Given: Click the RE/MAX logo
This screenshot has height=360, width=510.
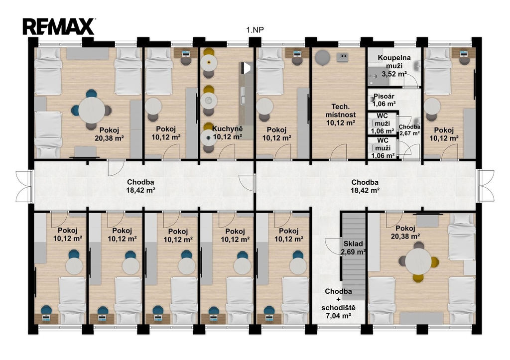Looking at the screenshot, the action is [59, 26].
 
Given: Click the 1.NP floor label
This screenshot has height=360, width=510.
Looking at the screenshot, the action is [255, 30].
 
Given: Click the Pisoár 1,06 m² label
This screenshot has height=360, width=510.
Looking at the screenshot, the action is [384, 100].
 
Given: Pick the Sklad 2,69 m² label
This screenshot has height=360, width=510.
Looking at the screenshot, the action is [353, 247].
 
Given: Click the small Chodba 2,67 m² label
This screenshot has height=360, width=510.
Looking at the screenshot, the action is [409, 130].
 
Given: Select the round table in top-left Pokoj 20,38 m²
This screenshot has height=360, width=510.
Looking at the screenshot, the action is [92, 110].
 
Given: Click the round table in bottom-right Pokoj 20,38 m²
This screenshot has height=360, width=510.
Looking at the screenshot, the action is [418, 261].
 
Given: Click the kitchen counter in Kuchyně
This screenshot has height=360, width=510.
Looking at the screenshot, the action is [246, 101].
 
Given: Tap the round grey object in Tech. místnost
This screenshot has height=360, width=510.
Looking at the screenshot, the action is [322, 58].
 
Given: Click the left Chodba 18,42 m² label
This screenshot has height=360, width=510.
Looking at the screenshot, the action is [140, 186].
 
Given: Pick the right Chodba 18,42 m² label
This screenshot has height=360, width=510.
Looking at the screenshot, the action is [365, 186].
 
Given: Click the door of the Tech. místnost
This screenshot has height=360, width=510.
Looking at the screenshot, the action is [339, 152].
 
